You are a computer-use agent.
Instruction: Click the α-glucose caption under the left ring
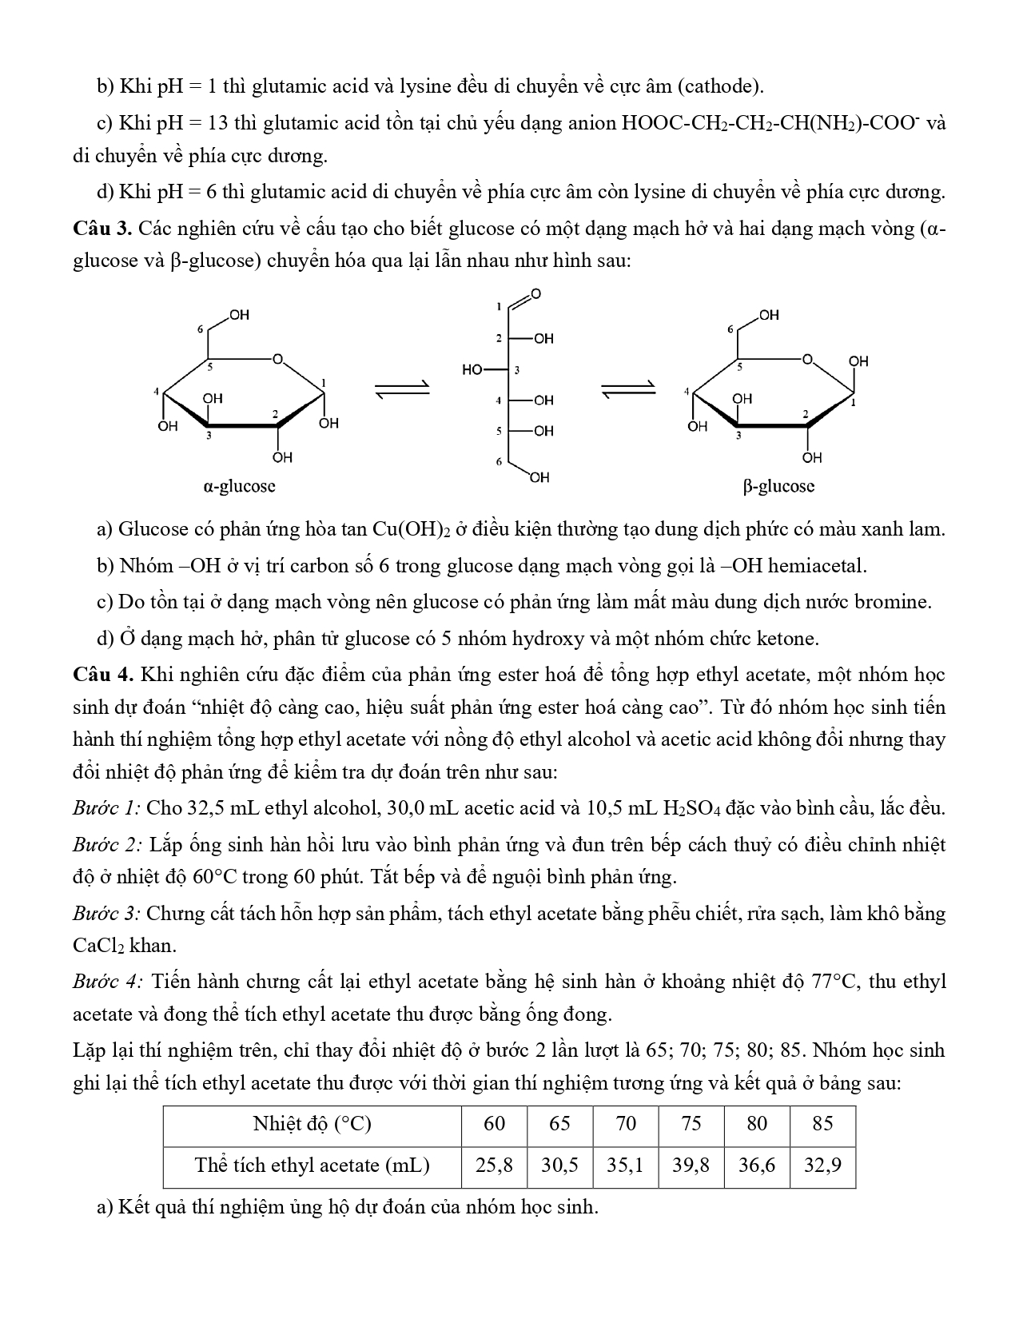point(240,485)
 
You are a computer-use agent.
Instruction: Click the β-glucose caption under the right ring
point(778,485)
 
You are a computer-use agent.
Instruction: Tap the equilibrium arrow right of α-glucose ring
point(403,389)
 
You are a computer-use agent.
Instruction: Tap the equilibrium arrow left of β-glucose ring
point(628,389)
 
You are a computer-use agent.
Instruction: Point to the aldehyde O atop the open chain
point(535,293)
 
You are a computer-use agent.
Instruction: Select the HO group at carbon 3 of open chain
point(473,369)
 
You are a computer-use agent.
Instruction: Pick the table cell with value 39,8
point(691,1165)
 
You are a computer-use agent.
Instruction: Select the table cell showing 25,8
point(494,1165)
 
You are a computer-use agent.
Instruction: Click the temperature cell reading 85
point(822,1124)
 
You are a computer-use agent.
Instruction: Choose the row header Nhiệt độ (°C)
point(312,1124)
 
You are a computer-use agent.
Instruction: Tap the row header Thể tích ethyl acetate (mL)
point(312,1165)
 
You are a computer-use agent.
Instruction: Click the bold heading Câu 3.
point(102,229)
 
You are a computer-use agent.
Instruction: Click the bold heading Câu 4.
point(102,675)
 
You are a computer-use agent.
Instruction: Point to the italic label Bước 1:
point(106,807)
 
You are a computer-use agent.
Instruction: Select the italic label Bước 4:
point(108,981)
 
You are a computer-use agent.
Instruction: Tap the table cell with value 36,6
point(756,1165)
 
